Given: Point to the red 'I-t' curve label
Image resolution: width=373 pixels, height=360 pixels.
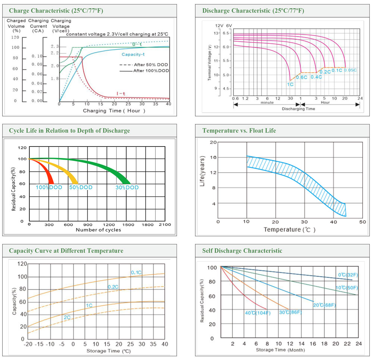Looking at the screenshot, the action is tap(121, 94).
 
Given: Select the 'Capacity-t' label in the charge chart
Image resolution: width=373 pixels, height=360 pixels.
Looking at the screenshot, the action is tap(133, 54).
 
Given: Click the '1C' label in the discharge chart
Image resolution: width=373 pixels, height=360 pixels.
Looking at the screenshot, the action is tap(290, 85).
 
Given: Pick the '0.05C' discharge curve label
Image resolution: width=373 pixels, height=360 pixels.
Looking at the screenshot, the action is tap(350, 70).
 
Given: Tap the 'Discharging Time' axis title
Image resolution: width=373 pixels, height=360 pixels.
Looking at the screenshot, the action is tap(298, 109).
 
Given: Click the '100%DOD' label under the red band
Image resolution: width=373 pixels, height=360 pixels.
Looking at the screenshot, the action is tap(49, 187).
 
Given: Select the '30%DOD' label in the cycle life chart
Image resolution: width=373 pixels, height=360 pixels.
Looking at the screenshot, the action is tap(127, 187).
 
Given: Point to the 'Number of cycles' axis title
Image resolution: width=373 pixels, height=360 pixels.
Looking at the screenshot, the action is tap(98, 230).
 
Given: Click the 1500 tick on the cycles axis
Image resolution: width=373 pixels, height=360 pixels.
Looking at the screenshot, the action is tap(128, 225).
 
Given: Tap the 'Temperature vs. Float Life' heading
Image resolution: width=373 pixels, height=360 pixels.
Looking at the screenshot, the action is tap(239, 130).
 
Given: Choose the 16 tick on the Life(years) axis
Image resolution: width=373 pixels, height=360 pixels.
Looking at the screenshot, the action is tap(213, 157).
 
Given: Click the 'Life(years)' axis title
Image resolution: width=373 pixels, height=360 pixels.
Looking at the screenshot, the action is tap(202, 171).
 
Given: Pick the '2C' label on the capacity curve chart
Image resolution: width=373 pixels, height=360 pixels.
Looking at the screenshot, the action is tap(67, 318).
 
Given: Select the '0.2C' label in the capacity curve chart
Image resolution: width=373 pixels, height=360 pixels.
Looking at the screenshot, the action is tap(113, 287).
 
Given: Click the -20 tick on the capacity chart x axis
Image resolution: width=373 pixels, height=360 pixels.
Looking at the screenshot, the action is tap(28, 344).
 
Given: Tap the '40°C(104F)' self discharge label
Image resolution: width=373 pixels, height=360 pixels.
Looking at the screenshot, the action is tap(258, 313).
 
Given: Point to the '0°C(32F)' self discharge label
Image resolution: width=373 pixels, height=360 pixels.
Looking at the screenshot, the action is tap(348, 275).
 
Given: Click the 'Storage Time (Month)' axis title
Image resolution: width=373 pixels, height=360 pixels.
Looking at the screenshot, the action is tap(280, 350).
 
